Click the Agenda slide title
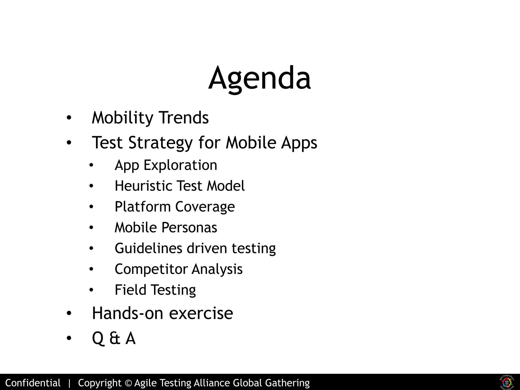coord(259,78)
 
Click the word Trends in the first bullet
coord(184,118)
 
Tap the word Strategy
coord(160,143)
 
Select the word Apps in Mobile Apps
coord(299,143)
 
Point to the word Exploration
coord(180,165)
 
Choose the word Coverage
coord(205,207)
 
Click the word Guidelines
coord(148,248)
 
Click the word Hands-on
coord(127,313)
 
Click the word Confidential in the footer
coord(33,383)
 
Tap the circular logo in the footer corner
coord(507,382)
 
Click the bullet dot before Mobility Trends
coord(69,118)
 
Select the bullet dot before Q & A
coord(69,338)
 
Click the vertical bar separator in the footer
coord(69,383)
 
